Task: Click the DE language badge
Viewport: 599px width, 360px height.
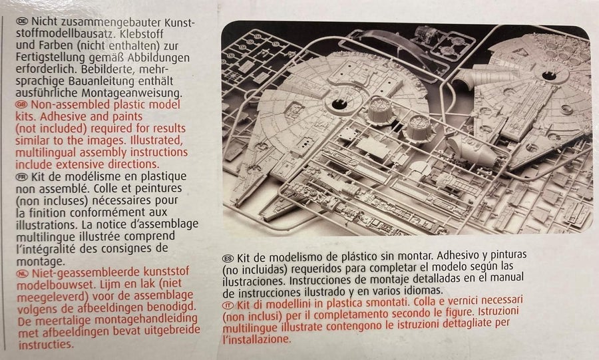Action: coord(22,21)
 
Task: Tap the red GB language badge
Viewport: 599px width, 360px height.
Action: coord(22,104)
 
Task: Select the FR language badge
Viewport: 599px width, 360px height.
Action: coord(22,177)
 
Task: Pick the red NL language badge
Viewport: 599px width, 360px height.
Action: coord(23,273)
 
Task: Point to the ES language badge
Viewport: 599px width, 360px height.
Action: coord(228,258)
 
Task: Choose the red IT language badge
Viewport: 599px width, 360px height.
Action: coord(228,305)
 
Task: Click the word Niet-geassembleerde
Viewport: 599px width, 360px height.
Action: coord(87,273)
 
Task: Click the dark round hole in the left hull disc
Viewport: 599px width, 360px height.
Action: coord(339,104)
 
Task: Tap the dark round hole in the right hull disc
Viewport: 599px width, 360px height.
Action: coord(549,75)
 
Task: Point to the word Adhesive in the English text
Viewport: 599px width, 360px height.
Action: coord(63,116)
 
